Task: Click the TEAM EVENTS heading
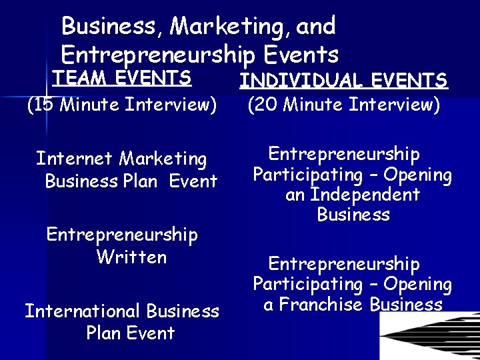pyautogui.click(x=122, y=77)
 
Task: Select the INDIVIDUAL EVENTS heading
pyautogui.click(x=343, y=81)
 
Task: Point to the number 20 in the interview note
pyautogui.click(x=265, y=105)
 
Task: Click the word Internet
pyautogui.click(x=75, y=159)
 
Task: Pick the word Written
pyautogui.click(x=131, y=257)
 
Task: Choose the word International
pyautogui.click(x=83, y=311)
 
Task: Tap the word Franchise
pyautogui.click(x=322, y=305)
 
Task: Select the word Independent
pyautogui.click(x=365, y=195)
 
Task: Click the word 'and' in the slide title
pyautogui.click(x=315, y=27)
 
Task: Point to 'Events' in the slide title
pyautogui.click(x=301, y=53)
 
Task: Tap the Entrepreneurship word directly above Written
pyautogui.click(x=122, y=235)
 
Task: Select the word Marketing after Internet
pyautogui.click(x=163, y=159)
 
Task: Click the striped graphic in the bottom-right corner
pyautogui.click(x=430, y=336)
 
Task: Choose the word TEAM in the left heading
pyautogui.click(x=74, y=77)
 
